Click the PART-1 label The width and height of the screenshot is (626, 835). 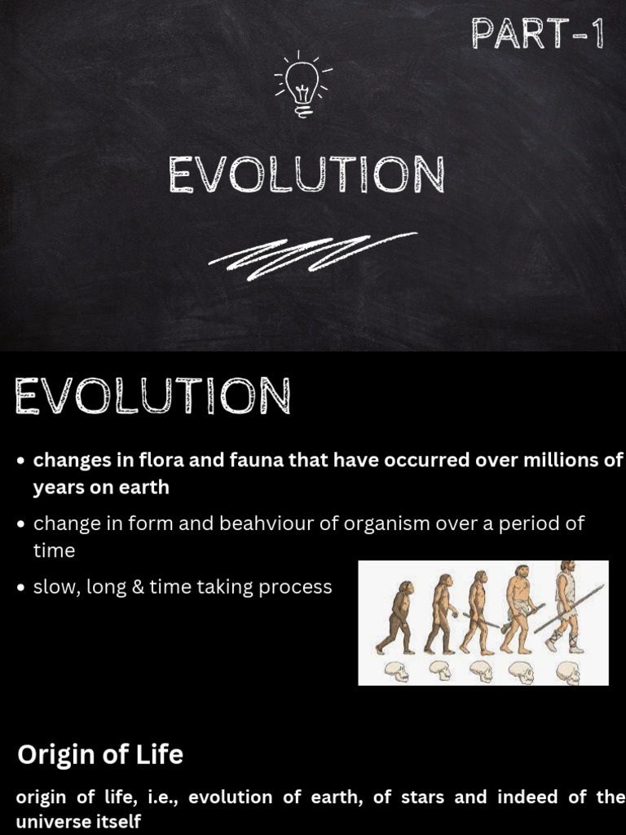[537, 35]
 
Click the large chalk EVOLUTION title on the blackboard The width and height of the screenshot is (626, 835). [306, 175]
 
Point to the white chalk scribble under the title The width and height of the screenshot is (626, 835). [312, 250]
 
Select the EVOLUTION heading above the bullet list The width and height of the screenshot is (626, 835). [152, 397]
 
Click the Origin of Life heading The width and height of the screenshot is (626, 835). [100, 755]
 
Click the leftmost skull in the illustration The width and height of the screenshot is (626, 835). [397, 670]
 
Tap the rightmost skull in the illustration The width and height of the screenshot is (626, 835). [568, 672]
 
